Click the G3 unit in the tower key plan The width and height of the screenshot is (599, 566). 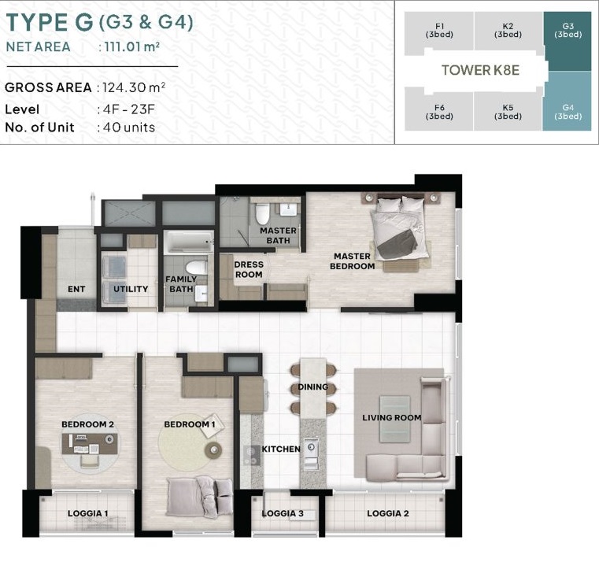tap(568, 41)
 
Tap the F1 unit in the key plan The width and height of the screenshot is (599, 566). tap(439, 31)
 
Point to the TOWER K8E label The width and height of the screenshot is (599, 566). tap(481, 70)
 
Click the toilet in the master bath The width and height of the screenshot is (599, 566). tap(262, 214)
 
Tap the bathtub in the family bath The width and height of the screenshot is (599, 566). tap(189, 242)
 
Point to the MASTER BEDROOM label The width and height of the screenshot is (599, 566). tap(352, 261)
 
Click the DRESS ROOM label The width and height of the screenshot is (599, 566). tap(249, 269)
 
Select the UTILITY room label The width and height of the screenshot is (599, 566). tap(131, 289)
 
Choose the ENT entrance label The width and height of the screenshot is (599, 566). tap(76, 289)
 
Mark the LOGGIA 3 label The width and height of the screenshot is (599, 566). tap(283, 513)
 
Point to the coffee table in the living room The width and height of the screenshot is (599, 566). tap(394, 419)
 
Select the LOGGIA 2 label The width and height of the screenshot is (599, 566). tap(388, 513)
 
